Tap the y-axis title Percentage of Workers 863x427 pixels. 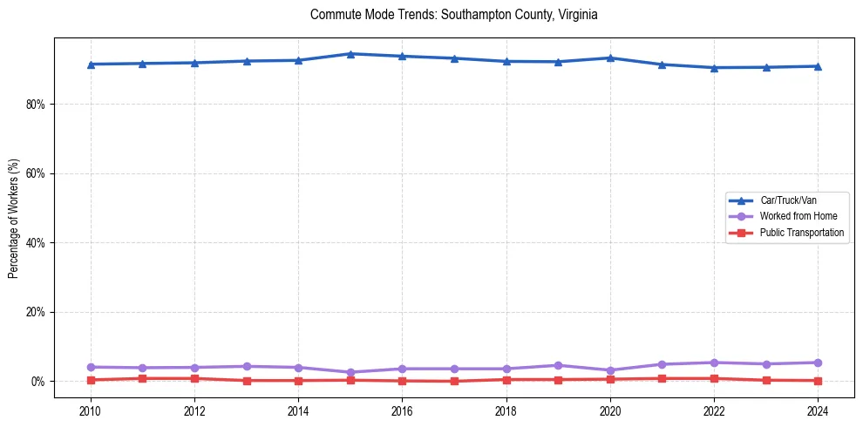pos(13,219)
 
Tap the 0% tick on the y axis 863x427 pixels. pos(37,382)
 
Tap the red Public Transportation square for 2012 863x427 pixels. pos(194,378)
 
